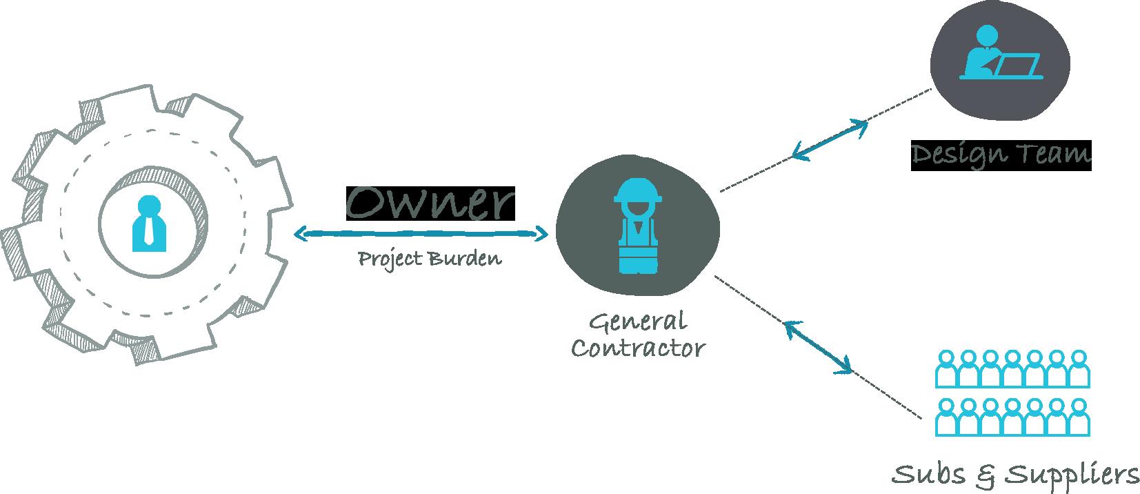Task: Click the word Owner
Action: point(430,203)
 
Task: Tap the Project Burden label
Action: point(429,259)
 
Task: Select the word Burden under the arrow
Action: point(464,259)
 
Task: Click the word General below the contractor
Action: point(638,322)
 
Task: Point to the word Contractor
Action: point(638,348)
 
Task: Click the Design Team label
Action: point(1001,155)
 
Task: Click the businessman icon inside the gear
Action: point(149,222)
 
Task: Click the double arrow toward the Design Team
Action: point(830,140)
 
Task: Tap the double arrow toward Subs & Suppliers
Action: point(819,347)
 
